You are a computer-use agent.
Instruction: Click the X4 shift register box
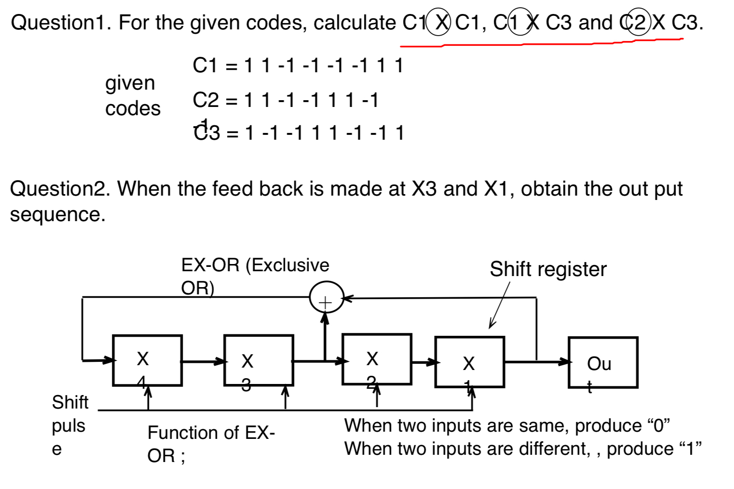click(x=147, y=360)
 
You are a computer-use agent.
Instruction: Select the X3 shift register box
click(x=258, y=360)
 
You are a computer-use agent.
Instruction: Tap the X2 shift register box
click(x=377, y=359)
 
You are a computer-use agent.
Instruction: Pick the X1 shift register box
click(x=469, y=362)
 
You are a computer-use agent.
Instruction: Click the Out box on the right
click(x=603, y=363)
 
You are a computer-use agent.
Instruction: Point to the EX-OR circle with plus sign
click(x=326, y=298)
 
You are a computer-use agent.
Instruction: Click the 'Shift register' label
click(x=548, y=269)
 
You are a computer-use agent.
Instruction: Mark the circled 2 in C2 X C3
click(x=639, y=22)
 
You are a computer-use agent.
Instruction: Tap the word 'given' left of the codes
click(x=130, y=83)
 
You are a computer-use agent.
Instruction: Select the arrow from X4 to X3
click(x=203, y=361)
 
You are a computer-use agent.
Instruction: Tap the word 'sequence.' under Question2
click(x=57, y=214)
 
